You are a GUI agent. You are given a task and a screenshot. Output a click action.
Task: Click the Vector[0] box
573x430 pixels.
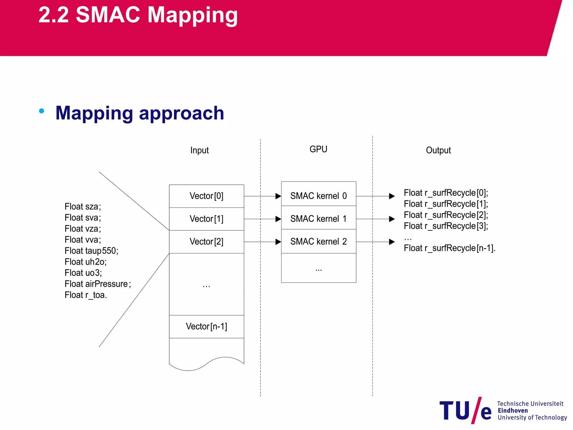[x=206, y=196]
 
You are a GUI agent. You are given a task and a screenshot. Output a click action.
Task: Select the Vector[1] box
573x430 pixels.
[x=206, y=219]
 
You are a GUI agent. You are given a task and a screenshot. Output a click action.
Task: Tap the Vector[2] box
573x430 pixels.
[x=206, y=242]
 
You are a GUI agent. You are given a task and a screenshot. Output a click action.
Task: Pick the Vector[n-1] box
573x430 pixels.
[x=206, y=326]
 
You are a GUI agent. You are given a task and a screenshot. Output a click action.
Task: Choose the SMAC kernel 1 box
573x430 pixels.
[x=318, y=218]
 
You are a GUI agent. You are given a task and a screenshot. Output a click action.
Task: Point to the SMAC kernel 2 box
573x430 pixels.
[x=318, y=241]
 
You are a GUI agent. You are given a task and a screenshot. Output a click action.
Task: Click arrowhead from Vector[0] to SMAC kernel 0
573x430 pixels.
[x=278, y=196]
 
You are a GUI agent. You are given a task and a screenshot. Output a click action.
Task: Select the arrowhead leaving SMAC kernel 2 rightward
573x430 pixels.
[x=392, y=242]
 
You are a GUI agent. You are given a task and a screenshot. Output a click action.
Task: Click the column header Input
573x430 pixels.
[x=199, y=150]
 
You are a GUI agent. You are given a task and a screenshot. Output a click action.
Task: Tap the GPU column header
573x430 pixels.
[x=318, y=149]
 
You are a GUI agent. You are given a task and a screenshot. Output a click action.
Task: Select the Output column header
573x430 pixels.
[x=438, y=150]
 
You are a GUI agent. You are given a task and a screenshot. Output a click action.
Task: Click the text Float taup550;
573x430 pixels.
[x=91, y=251]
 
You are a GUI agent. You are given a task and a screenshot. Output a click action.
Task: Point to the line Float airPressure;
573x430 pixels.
[x=97, y=284]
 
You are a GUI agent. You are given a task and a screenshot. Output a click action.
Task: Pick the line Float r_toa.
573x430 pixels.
[x=86, y=295]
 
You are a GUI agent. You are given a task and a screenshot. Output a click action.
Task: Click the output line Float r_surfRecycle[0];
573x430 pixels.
[x=446, y=193]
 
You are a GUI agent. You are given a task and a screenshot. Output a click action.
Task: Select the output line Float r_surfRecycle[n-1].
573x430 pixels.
[x=449, y=248]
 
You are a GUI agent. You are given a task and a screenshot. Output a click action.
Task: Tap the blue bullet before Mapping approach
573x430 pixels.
[x=42, y=111]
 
